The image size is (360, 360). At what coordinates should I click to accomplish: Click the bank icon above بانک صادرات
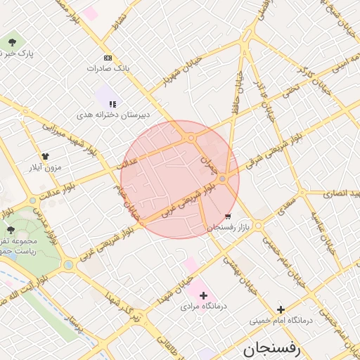(108, 58)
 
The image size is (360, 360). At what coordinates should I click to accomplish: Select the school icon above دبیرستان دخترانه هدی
(112, 104)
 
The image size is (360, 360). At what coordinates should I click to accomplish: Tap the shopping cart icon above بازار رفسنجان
(228, 217)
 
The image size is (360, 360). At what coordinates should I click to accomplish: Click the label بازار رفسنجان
(229, 227)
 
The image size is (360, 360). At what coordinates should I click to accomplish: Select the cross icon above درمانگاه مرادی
(204, 295)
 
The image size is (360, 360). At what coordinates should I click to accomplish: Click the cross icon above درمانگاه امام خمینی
(281, 309)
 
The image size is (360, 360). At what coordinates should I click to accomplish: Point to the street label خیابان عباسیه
(327, 225)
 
